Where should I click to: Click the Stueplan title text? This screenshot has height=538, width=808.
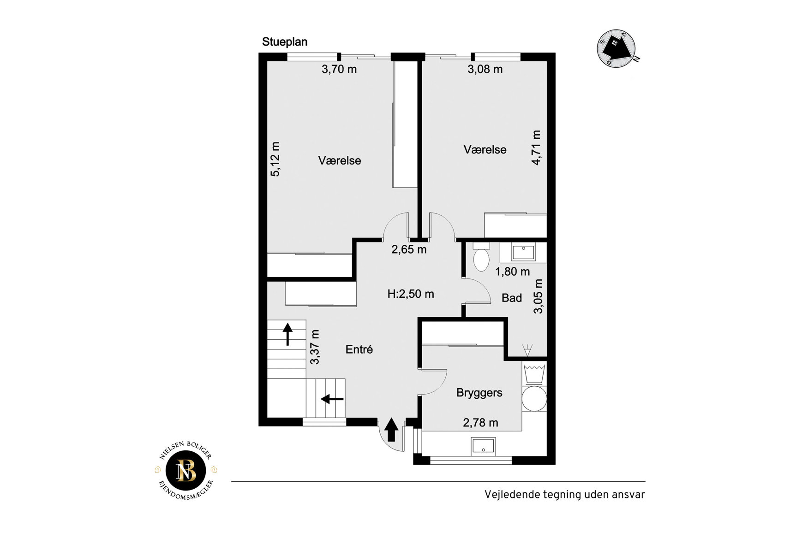click(285, 42)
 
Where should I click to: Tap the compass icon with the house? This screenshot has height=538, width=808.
click(617, 49)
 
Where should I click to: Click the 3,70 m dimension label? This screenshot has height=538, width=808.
click(339, 70)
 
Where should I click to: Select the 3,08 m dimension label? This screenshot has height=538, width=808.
click(485, 70)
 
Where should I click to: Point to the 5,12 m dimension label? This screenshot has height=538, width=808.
click(275, 159)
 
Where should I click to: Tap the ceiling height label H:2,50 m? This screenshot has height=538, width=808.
click(411, 294)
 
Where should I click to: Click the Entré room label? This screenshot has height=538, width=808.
click(359, 349)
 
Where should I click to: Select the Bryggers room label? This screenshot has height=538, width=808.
click(479, 393)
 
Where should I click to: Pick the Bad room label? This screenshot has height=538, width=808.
click(512, 298)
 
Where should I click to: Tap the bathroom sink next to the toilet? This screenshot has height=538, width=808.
click(523, 253)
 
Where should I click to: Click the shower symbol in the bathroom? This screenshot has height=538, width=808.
click(527, 350)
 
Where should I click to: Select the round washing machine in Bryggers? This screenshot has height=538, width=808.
click(534, 399)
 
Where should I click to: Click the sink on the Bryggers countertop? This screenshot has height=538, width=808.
click(483, 446)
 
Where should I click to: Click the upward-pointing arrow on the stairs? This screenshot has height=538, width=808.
click(287, 334)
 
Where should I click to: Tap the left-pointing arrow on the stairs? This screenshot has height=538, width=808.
click(332, 399)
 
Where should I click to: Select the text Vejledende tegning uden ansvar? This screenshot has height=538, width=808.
click(564, 495)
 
